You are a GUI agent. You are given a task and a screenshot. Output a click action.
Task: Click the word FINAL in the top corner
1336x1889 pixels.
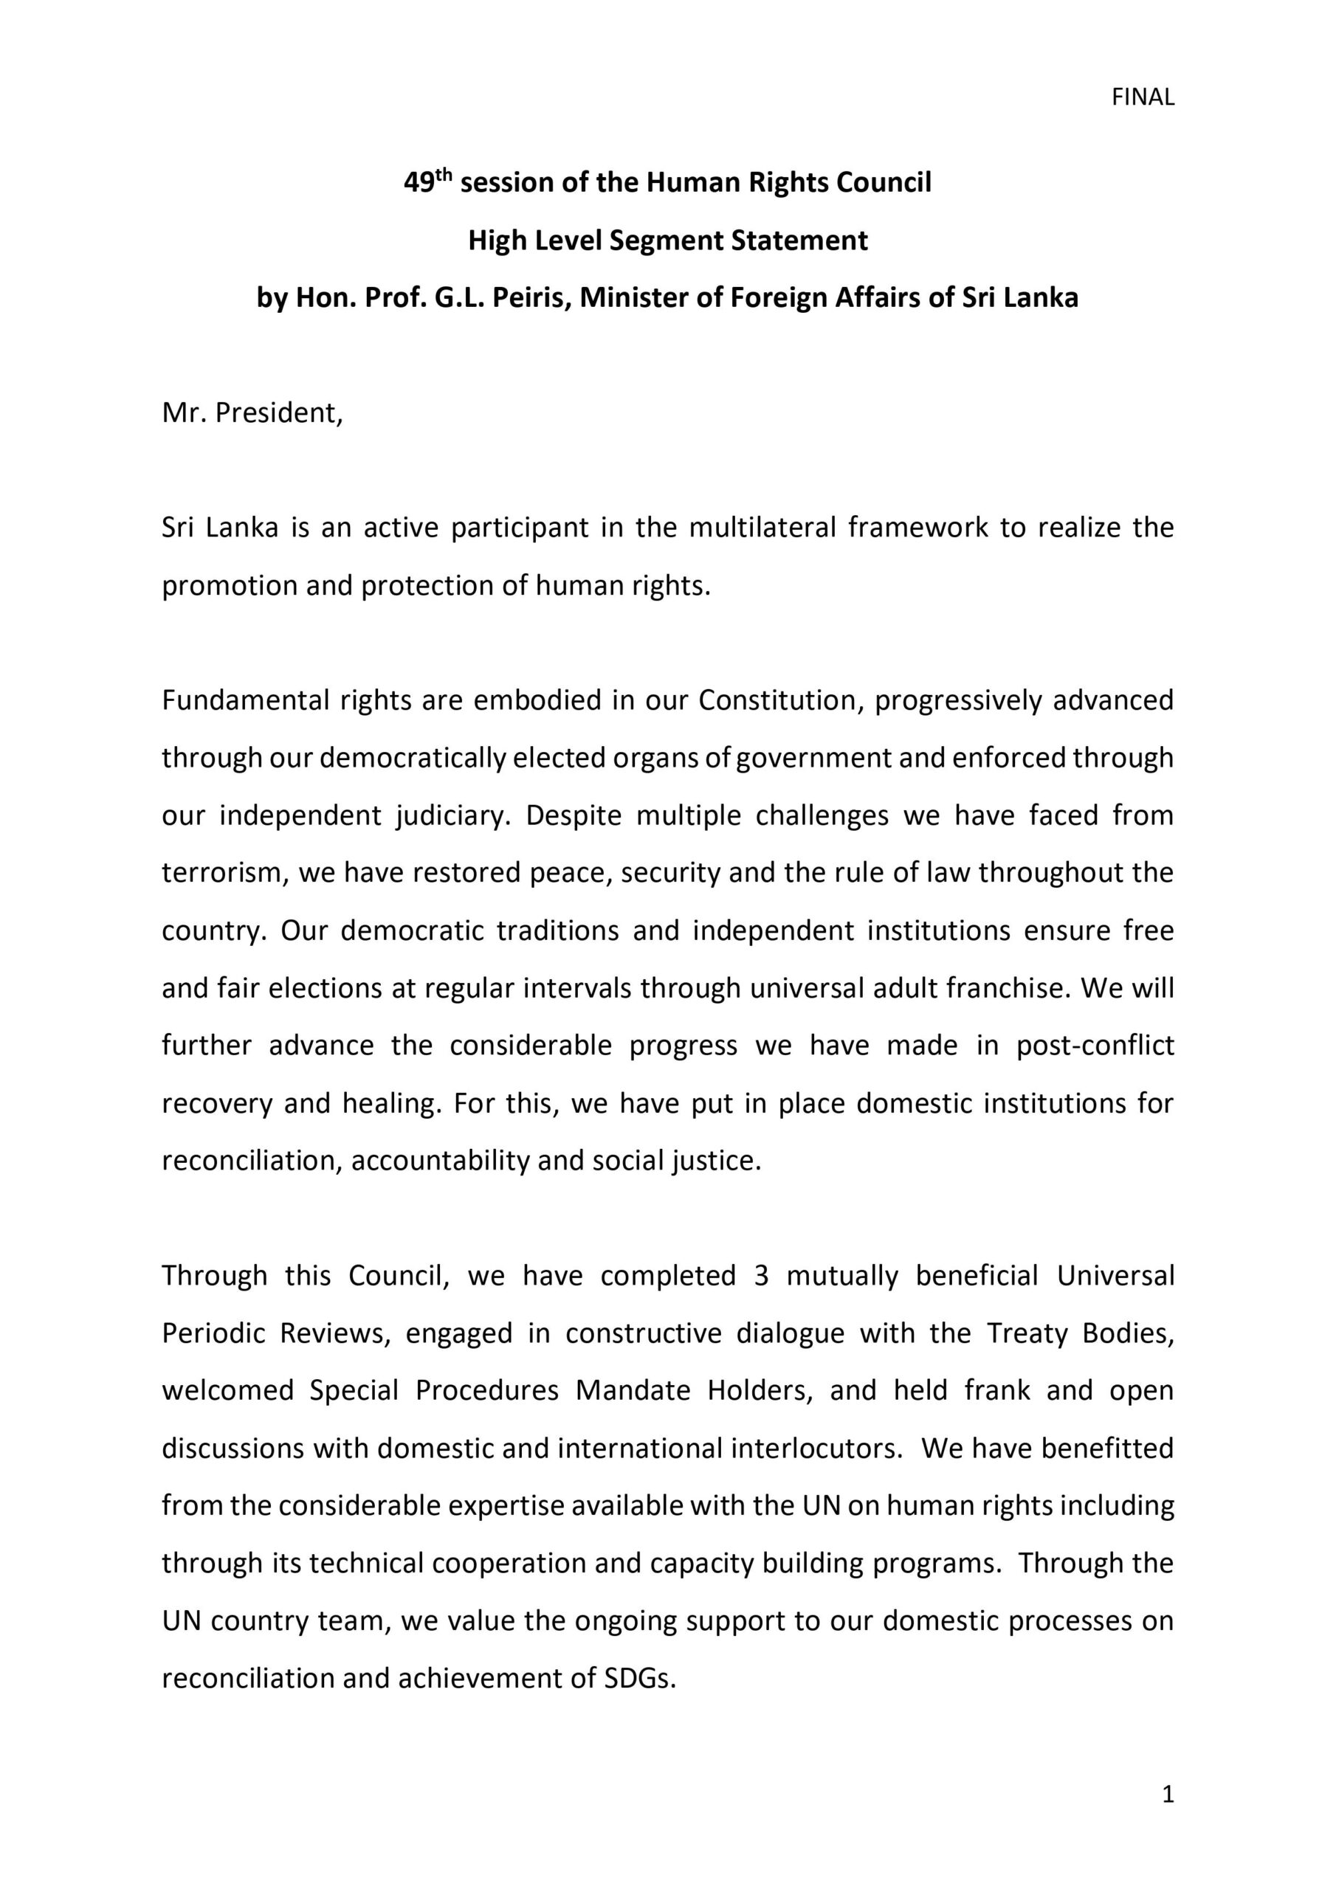[1142, 98]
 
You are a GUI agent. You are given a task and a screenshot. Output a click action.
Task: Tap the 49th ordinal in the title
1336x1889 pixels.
[428, 181]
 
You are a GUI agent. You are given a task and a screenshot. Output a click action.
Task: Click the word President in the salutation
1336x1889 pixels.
[278, 412]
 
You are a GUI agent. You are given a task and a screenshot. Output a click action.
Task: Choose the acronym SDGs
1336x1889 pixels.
[640, 1679]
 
